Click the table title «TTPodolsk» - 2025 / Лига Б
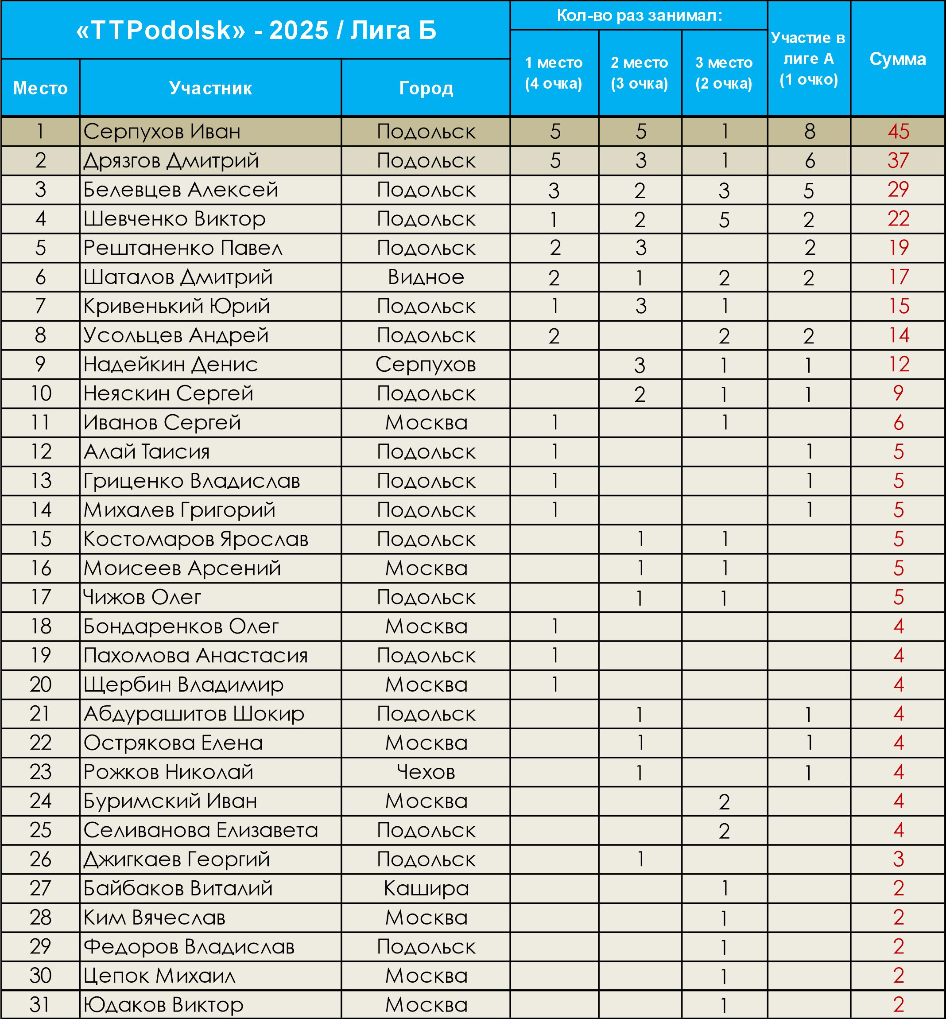[x=256, y=30]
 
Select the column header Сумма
[x=897, y=59]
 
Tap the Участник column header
[x=210, y=88]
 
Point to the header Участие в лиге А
[x=808, y=58]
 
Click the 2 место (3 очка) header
[x=640, y=73]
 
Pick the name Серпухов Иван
[x=162, y=132]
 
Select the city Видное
[x=426, y=277]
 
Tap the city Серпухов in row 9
[x=426, y=365]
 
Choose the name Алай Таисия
[x=147, y=451]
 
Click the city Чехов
[x=426, y=772]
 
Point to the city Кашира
[x=426, y=888]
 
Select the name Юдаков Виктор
[x=163, y=1005]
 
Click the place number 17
[x=40, y=597]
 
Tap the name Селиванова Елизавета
[x=201, y=830]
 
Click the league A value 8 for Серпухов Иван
[x=809, y=132]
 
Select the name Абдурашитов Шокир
[x=194, y=714]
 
